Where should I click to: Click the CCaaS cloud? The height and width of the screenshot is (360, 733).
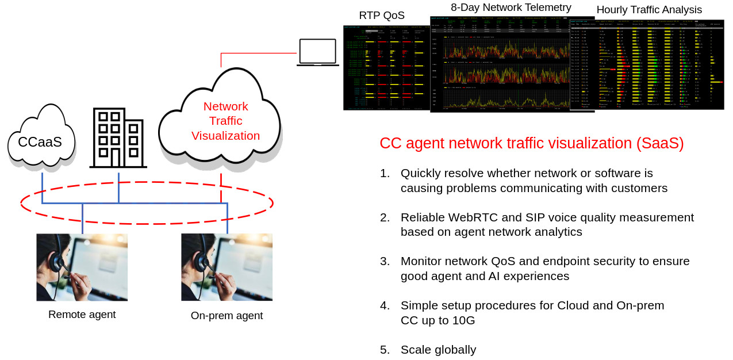(40, 138)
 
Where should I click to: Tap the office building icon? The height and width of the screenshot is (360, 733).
(118, 138)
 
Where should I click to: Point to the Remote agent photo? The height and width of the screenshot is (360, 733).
(82, 267)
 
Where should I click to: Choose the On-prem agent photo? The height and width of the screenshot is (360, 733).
(227, 267)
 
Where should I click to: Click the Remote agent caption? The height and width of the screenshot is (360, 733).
(82, 315)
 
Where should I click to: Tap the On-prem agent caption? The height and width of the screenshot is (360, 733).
(227, 316)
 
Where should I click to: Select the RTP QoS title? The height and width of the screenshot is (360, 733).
(382, 16)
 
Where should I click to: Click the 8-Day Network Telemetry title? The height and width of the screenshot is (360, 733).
(511, 7)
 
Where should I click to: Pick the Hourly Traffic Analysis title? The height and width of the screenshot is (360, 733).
(649, 10)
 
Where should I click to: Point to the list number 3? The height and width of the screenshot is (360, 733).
(385, 261)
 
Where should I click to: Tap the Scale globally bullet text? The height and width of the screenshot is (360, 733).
(438, 350)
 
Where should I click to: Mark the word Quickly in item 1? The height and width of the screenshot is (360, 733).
(421, 173)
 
